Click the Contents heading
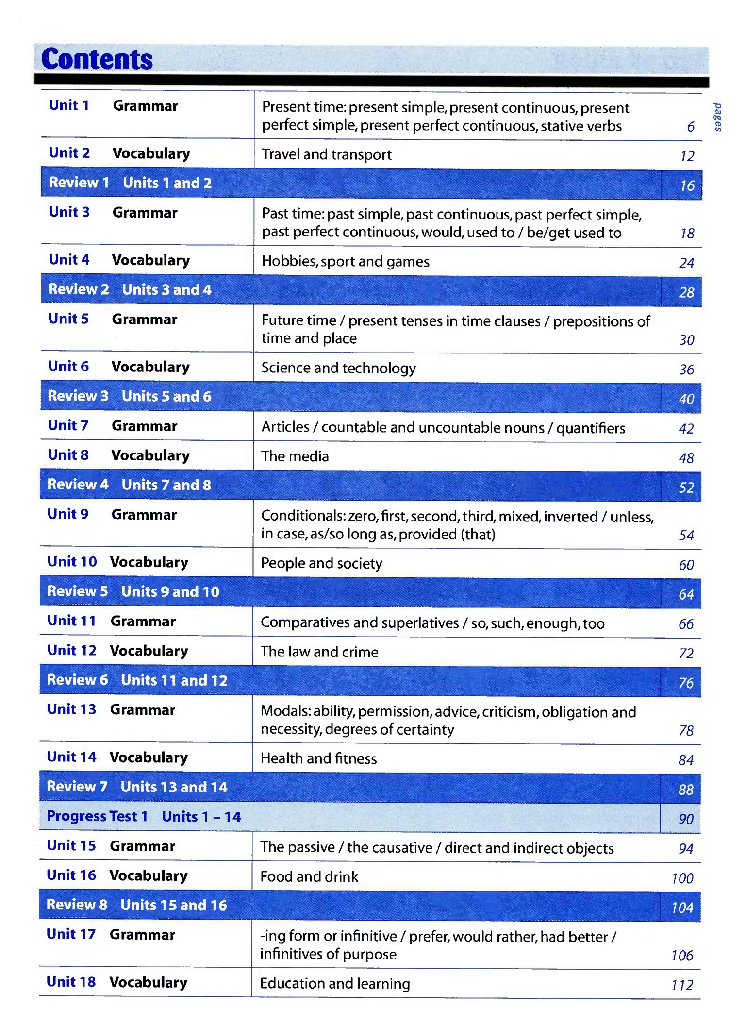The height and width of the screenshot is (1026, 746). pyautogui.click(x=97, y=59)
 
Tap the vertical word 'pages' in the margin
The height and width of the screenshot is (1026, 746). pyautogui.click(x=718, y=117)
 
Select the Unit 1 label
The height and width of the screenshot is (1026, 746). pyautogui.click(x=69, y=105)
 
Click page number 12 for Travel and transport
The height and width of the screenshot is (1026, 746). pyautogui.click(x=687, y=156)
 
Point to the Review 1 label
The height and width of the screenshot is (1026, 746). pyautogui.click(x=79, y=183)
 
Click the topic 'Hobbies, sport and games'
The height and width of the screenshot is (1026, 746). pyautogui.click(x=345, y=261)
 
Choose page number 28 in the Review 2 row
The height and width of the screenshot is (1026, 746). pyautogui.click(x=686, y=292)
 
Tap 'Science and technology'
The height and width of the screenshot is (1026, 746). pyautogui.click(x=338, y=368)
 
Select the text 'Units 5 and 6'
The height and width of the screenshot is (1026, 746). pyautogui.click(x=166, y=396)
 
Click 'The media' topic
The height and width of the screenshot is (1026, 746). pyautogui.click(x=295, y=456)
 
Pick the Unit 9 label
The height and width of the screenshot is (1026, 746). pyautogui.click(x=68, y=514)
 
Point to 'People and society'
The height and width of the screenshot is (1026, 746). pyautogui.click(x=321, y=563)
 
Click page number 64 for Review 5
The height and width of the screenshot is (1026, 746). pyautogui.click(x=686, y=594)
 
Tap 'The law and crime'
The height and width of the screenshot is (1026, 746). pyautogui.click(x=319, y=652)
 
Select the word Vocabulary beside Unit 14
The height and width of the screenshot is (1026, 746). pyautogui.click(x=149, y=757)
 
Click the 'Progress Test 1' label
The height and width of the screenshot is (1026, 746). pyautogui.click(x=97, y=816)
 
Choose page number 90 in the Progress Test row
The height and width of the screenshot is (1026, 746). pyautogui.click(x=685, y=819)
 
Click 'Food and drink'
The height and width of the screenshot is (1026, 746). pyautogui.click(x=309, y=876)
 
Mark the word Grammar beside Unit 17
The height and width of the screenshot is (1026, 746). pyautogui.click(x=142, y=935)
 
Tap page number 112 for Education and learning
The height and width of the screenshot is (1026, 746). pyautogui.click(x=682, y=985)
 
